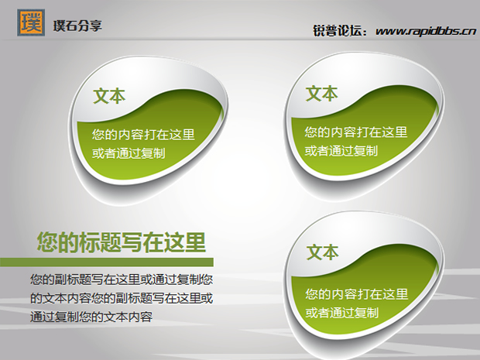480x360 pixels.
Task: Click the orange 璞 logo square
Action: tap(31, 22)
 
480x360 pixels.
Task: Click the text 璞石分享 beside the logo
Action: tap(77, 26)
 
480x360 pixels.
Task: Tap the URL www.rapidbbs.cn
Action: tap(426, 31)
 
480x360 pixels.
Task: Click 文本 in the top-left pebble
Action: tap(109, 96)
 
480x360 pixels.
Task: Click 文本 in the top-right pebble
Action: tap(322, 94)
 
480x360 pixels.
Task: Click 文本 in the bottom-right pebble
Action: tap(323, 252)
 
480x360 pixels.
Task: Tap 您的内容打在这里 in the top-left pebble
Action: tap(143, 135)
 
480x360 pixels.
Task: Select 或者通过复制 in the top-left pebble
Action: tap(129, 153)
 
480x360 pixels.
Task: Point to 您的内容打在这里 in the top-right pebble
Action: tap(355, 132)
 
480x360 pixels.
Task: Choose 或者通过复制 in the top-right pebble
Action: tap(341, 151)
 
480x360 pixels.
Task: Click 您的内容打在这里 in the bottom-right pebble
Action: tap(357, 294)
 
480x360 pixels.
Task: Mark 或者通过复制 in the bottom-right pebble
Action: tap(342, 313)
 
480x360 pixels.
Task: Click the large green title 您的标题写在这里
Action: tap(122, 242)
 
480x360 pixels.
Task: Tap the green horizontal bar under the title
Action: tap(107, 262)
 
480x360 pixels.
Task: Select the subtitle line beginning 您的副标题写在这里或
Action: tap(122, 279)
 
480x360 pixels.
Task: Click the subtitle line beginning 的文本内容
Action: tap(122, 298)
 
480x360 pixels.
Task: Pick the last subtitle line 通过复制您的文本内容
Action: tap(91, 317)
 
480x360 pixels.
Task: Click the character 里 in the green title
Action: tap(195, 242)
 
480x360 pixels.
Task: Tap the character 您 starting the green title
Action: tap(47, 242)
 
